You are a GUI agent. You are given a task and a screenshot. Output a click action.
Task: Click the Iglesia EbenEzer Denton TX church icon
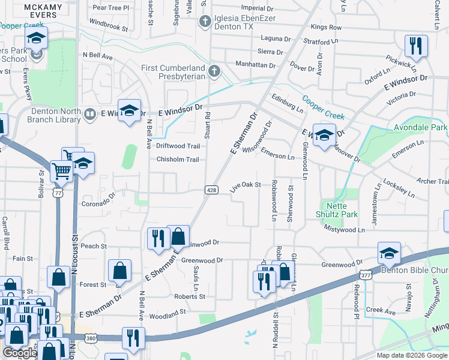click(x=205, y=22)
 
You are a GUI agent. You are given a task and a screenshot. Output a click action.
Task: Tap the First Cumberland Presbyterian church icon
click(x=214, y=73)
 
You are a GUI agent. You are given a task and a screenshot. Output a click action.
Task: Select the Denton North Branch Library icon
click(x=90, y=113)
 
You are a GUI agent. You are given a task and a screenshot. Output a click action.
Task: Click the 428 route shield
click(x=211, y=190)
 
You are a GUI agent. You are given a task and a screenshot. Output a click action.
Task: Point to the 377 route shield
click(x=365, y=275)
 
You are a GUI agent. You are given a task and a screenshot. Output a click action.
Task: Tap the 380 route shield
click(x=90, y=338)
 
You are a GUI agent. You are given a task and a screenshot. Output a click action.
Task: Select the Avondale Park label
click(x=420, y=128)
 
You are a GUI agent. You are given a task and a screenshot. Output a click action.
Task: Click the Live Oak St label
click(x=246, y=185)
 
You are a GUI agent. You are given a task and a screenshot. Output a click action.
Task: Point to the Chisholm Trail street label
click(x=177, y=160)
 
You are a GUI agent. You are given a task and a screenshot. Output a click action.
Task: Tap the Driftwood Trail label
click(x=178, y=146)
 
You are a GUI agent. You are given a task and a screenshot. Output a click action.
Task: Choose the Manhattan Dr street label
click(x=255, y=65)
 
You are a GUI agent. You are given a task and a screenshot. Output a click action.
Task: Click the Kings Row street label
click(x=327, y=28)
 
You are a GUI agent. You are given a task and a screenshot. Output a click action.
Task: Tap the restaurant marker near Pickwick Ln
click(x=415, y=46)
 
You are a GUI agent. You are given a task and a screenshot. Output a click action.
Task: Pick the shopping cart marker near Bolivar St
click(x=62, y=171)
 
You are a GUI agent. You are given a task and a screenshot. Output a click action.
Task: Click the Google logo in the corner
click(x=20, y=353)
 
